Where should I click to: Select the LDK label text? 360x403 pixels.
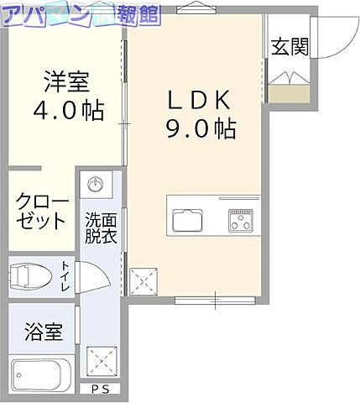click(x=200, y=102)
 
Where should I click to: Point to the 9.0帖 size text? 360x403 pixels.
click(x=200, y=129)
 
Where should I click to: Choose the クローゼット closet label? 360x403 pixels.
click(x=40, y=212)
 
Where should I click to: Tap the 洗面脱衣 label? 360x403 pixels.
click(x=99, y=228)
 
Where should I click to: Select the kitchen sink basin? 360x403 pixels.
click(x=186, y=221)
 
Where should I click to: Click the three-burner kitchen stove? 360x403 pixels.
click(x=241, y=221)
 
